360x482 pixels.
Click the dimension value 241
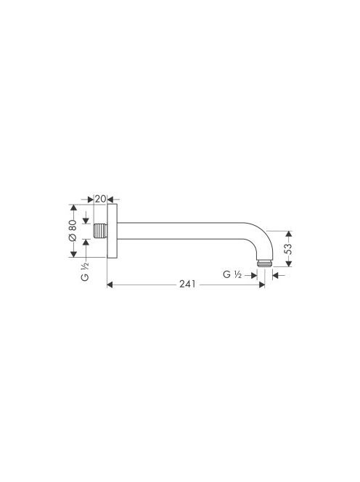tap(187, 284)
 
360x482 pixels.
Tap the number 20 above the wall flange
tap(100, 199)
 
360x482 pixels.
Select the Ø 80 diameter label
tap(73, 230)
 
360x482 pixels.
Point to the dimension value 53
tap(288, 249)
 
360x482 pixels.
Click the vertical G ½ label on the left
tap(85, 271)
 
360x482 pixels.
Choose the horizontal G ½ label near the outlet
tap(232, 274)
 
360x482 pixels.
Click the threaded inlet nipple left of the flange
tap(100, 231)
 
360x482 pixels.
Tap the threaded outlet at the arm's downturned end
tap(265, 264)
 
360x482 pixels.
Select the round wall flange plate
tap(112, 231)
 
